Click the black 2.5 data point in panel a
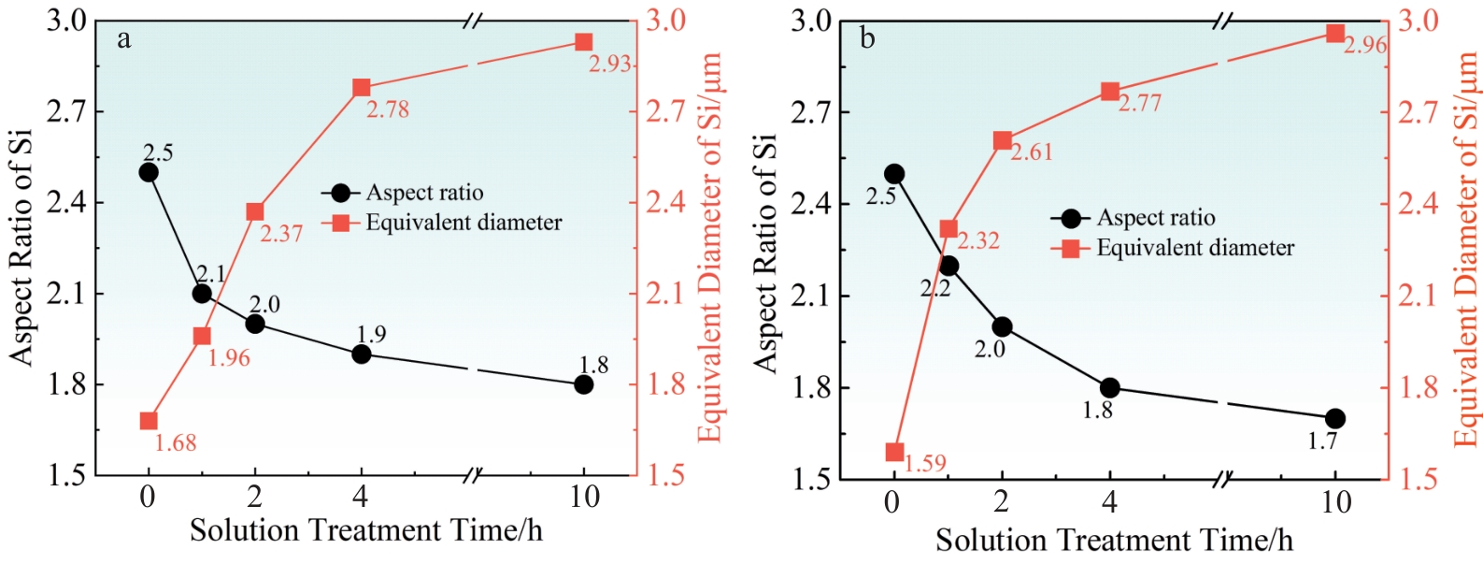pyautogui.click(x=148, y=172)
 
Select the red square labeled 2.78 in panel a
pyautogui.click(x=362, y=88)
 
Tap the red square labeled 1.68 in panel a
pyautogui.click(x=148, y=421)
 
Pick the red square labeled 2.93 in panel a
pyautogui.click(x=584, y=42)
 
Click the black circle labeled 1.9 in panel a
pyautogui.click(x=362, y=354)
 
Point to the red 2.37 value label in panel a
pyautogui.click(x=281, y=234)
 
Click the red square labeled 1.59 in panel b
pyautogui.click(x=893, y=453)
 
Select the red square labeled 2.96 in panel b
pyautogui.click(x=1335, y=34)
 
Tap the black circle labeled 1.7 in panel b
pyautogui.click(x=1335, y=418)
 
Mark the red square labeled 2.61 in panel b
pyautogui.click(x=1003, y=141)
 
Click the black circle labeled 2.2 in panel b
pyautogui.click(x=948, y=266)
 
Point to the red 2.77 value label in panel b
pyautogui.click(x=1140, y=103)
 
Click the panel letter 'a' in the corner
pyautogui.click(x=124, y=39)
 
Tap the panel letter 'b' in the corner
pyautogui.click(x=868, y=39)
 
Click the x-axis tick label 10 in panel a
pyautogui.click(x=584, y=497)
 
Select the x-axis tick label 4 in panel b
pyautogui.click(x=1109, y=502)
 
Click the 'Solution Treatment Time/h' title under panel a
pyautogui.click(x=365, y=530)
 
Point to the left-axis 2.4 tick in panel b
pyautogui.click(x=811, y=204)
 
